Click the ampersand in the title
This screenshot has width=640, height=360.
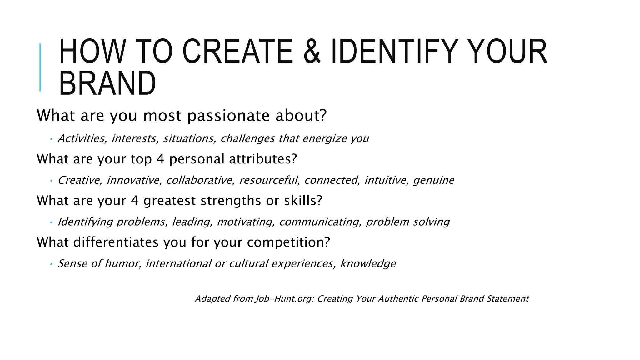coord(312,52)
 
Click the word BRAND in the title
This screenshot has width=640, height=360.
coord(107,83)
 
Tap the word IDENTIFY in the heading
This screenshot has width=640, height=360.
coord(395,52)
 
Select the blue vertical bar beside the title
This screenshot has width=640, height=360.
coord(40,67)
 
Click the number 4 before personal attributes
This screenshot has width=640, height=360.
coord(160,159)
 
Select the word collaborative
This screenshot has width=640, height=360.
coord(200,180)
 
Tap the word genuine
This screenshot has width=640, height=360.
coord(433,180)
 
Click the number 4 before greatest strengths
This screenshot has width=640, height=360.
coord(135,201)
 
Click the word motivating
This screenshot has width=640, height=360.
coord(246,222)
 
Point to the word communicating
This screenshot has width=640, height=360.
coord(320,222)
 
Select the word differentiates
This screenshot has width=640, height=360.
coord(116,242)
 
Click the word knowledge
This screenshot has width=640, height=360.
coord(368,264)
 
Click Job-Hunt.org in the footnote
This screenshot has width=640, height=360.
coord(284,299)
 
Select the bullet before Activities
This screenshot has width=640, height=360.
coord(51,139)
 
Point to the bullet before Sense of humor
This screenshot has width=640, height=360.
coord(51,264)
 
